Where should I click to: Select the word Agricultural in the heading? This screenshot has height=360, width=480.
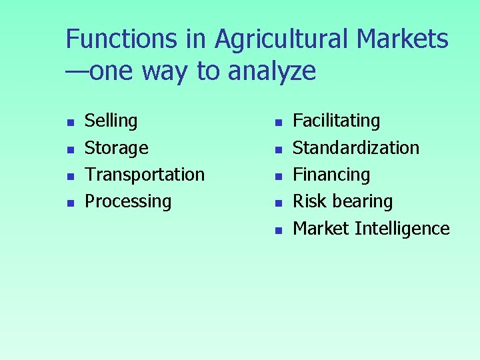(x=283, y=39)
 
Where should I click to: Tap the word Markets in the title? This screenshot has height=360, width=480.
(x=403, y=39)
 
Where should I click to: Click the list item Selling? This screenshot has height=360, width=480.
(x=111, y=121)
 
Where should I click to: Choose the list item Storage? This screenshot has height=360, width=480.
(x=117, y=147)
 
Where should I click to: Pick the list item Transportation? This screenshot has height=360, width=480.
(x=145, y=175)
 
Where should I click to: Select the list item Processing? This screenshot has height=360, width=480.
(x=128, y=201)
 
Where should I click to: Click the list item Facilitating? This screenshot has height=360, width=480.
(x=337, y=121)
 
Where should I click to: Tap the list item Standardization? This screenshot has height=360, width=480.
(x=356, y=147)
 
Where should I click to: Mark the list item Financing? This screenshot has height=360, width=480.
(x=331, y=175)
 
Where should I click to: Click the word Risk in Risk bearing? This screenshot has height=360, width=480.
(x=307, y=201)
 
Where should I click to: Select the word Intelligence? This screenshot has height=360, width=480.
(x=402, y=228)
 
